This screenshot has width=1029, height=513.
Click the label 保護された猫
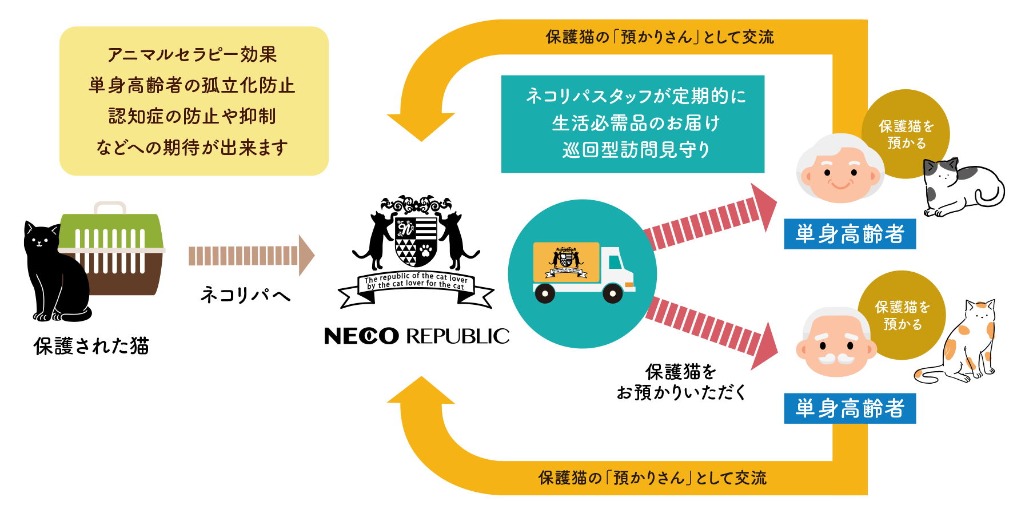91,347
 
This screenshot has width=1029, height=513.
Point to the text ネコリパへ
245,295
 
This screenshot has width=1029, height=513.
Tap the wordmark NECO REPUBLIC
416,336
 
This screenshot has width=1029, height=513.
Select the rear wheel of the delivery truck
544,294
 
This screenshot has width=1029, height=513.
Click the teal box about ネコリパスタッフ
632,124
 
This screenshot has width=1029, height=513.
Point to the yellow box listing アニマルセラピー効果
194,101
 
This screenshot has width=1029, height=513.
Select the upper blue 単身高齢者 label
849,234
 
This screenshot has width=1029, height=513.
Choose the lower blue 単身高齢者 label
849,408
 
